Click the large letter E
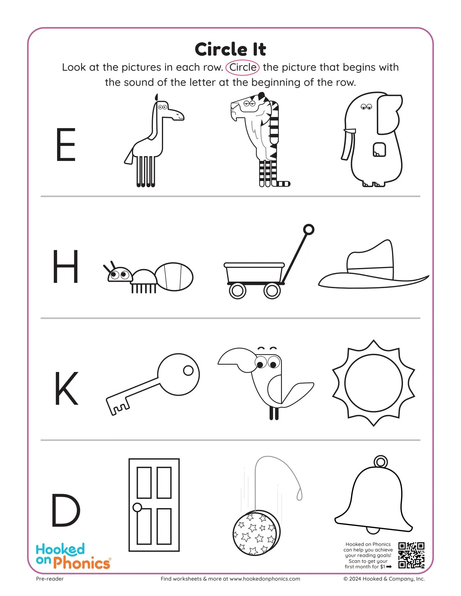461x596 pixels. [x=66, y=144]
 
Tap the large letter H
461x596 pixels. [x=66, y=266]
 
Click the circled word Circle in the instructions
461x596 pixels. [x=243, y=67]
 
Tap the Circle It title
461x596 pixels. [x=230, y=49]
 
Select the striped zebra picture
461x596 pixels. [x=261, y=140]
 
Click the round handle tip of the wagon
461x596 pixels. [x=309, y=229]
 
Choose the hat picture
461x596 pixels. [x=373, y=268]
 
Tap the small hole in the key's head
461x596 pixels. [x=188, y=370]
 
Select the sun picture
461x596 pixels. [x=374, y=383]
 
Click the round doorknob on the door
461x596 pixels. [x=137, y=507]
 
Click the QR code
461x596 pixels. [x=411, y=555]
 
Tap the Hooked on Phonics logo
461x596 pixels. [x=73, y=556]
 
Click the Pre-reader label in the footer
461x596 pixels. [x=50, y=579]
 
